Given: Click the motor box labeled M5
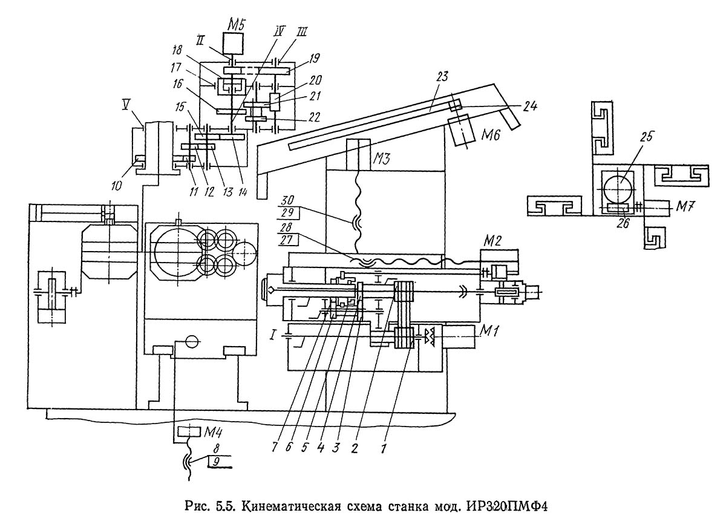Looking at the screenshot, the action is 233,44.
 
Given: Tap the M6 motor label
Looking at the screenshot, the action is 490,134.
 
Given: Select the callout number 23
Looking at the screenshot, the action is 442,76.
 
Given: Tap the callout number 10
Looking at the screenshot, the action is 117,185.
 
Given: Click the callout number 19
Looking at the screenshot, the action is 315,58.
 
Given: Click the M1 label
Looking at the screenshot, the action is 489,330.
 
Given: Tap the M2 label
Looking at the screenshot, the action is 492,241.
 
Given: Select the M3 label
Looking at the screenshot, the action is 382,159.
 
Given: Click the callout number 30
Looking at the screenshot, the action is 287,201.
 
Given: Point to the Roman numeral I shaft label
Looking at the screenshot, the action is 273,336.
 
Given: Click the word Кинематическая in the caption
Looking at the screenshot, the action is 292,506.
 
